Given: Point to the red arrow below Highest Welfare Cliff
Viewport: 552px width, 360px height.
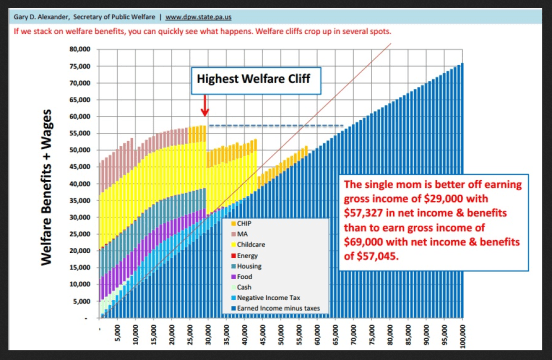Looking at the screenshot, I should [x=205, y=105].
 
